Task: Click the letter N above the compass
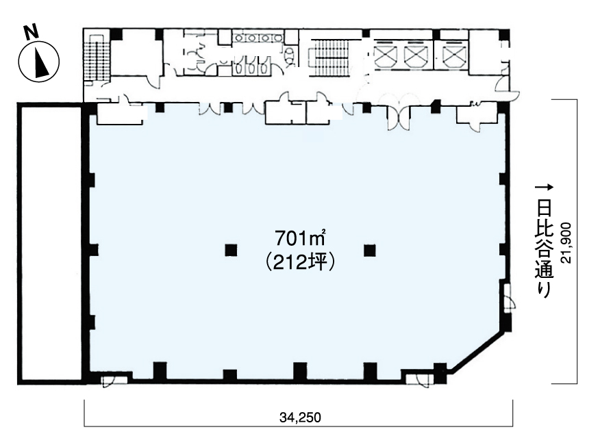pyautogui.click(x=32, y=32)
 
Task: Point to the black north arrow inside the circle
pyautogui.click(x=41, y=62)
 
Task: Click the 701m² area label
pyautogui.click(x=301, y=239)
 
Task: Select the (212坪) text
pyautogui.click(x=301, y=263)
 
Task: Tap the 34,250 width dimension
pyautogui.click(x=300, y=417)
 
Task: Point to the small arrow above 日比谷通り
pyautogui.click(x=544, y=188)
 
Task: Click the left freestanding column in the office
pyautogui.click(x=231, y=251)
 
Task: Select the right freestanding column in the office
pyautogui.click(x=370, y=251)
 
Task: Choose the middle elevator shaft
pyautogui.click(x=416, y=55)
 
